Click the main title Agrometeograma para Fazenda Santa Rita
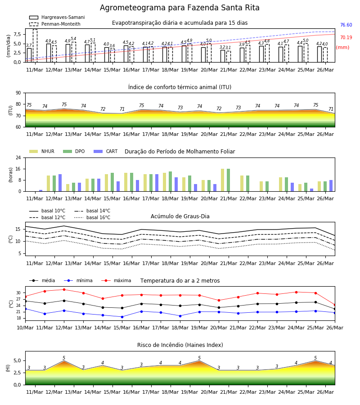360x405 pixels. (180, 8)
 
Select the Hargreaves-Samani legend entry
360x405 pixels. (57, 17)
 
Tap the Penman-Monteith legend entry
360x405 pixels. (55, 24)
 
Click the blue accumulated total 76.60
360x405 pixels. (346, 25)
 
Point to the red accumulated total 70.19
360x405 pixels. (346, 37)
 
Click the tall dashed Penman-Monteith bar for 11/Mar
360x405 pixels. (35, 46)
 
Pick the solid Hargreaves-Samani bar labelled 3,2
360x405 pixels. (223, 56)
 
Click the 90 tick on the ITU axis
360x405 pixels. (18, 93)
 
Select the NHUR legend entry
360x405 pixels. (42, 151)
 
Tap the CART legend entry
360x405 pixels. (106, 151)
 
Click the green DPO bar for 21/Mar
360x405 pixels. (228, 180)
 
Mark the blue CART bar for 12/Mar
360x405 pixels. (60, 183)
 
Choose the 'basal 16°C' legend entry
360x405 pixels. (92, 217)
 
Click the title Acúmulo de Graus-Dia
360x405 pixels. (180, 216)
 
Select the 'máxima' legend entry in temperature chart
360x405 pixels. (116, 280)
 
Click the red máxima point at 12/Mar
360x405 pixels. (64, 289)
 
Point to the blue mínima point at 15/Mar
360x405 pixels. (122, 317)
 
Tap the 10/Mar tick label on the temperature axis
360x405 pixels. (25, 328)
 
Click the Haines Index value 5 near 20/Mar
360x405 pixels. (199, 358)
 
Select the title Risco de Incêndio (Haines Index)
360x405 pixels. (180, 345)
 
